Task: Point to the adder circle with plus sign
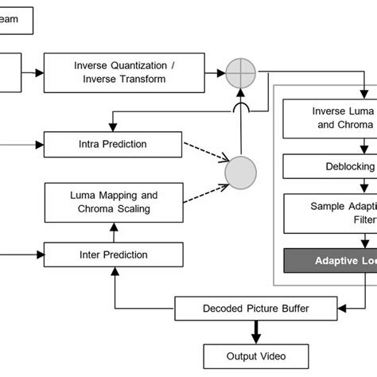241,73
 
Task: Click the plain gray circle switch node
241,172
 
